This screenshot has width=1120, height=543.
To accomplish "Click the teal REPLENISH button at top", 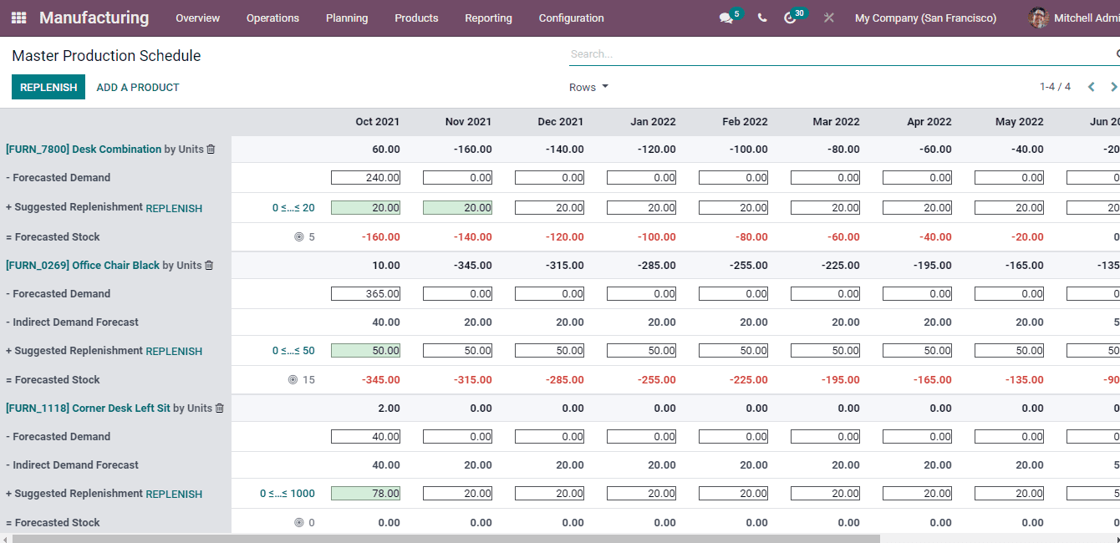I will (48, 87).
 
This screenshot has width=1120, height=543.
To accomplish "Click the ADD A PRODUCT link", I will (138, 87).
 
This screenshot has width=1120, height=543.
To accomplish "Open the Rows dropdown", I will (588, 87).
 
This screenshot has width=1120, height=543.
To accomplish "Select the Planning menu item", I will (347, 18).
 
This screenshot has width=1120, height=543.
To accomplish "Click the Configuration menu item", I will (571, 18).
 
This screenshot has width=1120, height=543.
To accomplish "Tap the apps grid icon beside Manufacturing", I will (18, 18).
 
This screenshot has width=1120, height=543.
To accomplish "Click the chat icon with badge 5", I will (726, 18).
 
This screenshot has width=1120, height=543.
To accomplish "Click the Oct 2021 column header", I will (377, 122).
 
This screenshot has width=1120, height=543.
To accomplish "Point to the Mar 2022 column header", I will (836, 122).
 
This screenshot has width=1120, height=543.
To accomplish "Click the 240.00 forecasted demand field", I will (366, 178).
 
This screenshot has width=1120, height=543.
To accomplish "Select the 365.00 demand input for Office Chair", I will (366, 294).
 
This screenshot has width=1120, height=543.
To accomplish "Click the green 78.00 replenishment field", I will (366, 494).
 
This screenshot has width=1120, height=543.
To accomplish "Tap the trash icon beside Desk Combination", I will (211, 150).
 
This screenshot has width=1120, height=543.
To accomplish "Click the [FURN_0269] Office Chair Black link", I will (83, 266).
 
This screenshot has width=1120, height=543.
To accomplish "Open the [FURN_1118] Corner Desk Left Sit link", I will (88, 409).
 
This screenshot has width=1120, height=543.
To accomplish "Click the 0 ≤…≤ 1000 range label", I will (288, 494).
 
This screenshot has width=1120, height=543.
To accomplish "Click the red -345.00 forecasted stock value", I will (380, 380).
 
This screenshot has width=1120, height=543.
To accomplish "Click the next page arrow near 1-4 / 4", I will (1113, 87).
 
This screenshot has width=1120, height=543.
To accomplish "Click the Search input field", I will (836, 54).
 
